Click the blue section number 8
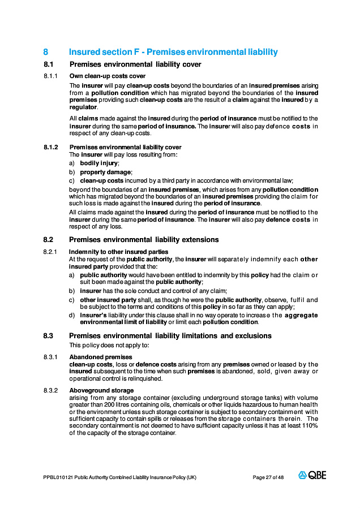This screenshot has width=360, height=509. [x=46, y=52]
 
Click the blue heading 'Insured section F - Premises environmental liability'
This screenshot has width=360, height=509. [x=173, y=52]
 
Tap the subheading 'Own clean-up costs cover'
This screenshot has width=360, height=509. [x=107, y=76]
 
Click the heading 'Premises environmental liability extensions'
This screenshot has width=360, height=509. [x=144, y=240]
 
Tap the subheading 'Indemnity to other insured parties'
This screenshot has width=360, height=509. [x=118, y=252]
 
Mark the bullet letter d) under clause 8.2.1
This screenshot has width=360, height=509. [x=72, y=315]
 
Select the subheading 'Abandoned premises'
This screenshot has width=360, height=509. [x=100, y=357]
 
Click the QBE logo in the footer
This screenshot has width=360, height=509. [x=312, y=476]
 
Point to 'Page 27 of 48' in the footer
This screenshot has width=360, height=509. [x=268, y=478]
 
